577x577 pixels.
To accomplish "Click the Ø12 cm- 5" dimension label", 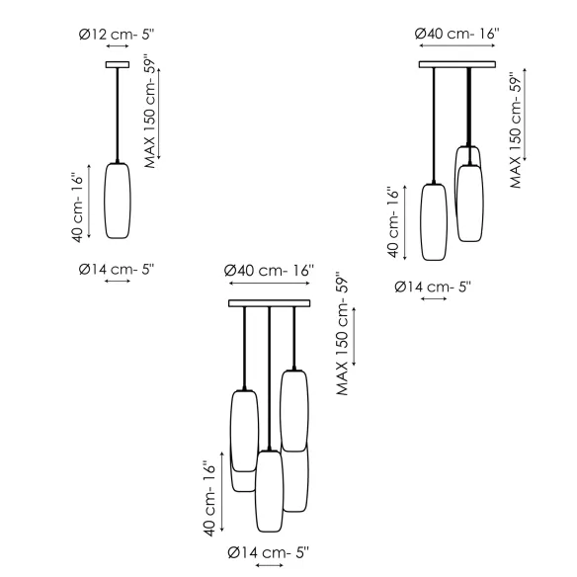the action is (117, 35).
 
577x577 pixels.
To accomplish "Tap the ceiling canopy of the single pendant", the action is (118, 65).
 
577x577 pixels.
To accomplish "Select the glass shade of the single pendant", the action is (118, 201).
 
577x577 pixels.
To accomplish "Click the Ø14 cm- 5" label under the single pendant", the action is (117, 270).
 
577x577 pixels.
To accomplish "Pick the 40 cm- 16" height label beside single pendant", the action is (78, 207).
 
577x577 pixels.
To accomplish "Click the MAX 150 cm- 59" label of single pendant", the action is (150, 112).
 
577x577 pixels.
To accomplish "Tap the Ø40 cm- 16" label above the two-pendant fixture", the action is (457, 34).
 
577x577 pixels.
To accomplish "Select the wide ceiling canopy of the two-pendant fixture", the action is (457, 65).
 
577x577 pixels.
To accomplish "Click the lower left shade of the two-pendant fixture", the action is (434, 222).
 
